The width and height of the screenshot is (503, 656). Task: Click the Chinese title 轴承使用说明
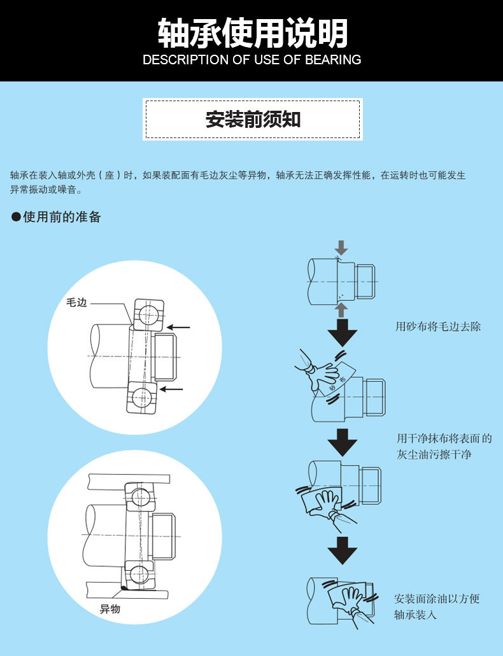pos(252,32)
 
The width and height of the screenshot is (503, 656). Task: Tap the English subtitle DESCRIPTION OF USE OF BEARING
pos(252,60)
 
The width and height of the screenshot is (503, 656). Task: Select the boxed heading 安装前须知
pos(253,119)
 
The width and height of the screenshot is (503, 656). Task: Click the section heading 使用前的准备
pos(62,217)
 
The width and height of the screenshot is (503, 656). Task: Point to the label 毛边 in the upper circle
pos(76,303)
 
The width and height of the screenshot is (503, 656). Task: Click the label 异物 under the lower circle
pos(110,609)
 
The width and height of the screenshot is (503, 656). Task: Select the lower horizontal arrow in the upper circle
pos(171,389)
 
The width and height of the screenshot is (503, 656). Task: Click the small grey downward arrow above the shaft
pos(342,248)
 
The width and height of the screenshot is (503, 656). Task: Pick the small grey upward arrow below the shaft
pos(342,309)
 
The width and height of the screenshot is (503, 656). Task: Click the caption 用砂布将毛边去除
pos(438,326)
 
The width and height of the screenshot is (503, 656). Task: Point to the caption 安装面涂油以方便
pos(437,599)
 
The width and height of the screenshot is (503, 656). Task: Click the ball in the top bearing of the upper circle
pos(149,313)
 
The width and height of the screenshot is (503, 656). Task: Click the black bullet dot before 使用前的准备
pos(16,218)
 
